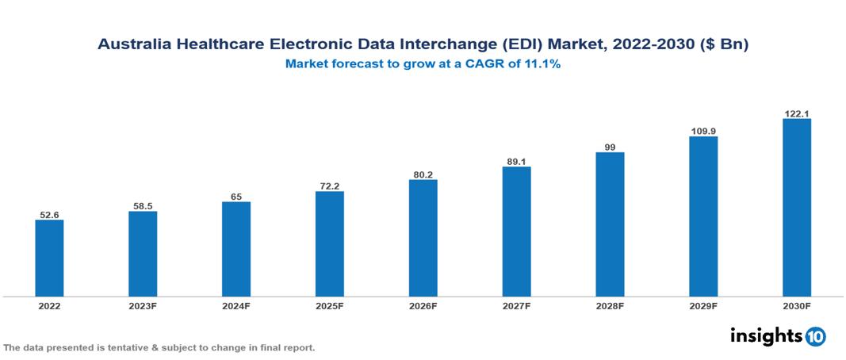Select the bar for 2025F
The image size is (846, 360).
329,243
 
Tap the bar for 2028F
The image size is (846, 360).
610,224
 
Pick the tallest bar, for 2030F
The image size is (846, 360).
796,208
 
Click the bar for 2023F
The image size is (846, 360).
143,254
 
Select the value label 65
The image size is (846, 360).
236,197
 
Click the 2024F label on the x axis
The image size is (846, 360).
236,305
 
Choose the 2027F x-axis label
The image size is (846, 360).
516,305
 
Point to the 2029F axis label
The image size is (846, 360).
702,305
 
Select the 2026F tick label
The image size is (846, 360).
423,305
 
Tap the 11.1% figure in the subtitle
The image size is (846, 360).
543,65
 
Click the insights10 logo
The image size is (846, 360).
778,335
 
